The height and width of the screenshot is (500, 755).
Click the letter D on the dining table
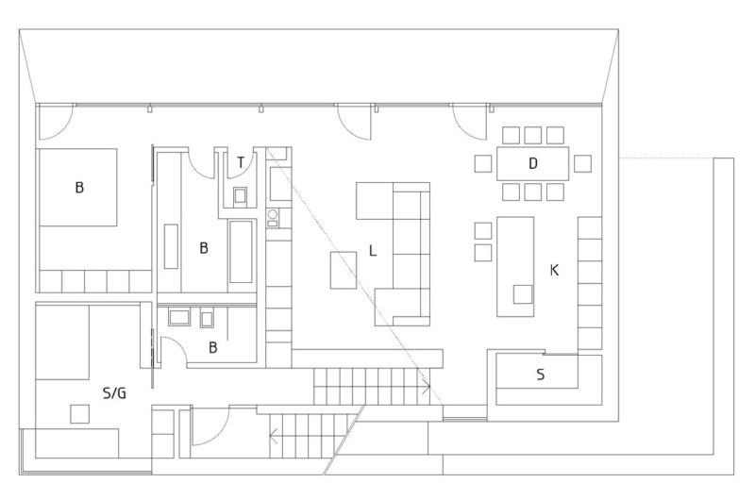tap(532, 163)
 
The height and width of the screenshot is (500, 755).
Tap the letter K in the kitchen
tap(554, 271)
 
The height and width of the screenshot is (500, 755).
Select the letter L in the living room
tap(372, 251)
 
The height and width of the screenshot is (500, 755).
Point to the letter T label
tap(241, 162)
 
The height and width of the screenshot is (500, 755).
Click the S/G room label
tap(114, 393)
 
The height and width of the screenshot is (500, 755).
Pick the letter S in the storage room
tap(540, 375)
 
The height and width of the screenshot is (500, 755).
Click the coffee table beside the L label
tap(344, 271)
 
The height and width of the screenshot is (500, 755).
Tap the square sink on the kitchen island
tap(523, 294)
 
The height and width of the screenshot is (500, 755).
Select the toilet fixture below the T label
tap(240, 196)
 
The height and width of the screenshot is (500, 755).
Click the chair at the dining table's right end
tap(582, 163)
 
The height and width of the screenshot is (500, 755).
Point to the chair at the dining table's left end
tap(483, 163)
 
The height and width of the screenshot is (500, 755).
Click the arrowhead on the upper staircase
tap(427, 387)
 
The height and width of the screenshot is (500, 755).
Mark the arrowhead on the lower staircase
tap(274, 437)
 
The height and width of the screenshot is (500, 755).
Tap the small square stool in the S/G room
tap(79, 414)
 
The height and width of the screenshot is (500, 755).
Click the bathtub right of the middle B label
tap(241, 252)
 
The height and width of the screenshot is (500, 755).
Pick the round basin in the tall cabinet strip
tap(273, 214)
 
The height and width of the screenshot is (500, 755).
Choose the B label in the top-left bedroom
tap(79, 187)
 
